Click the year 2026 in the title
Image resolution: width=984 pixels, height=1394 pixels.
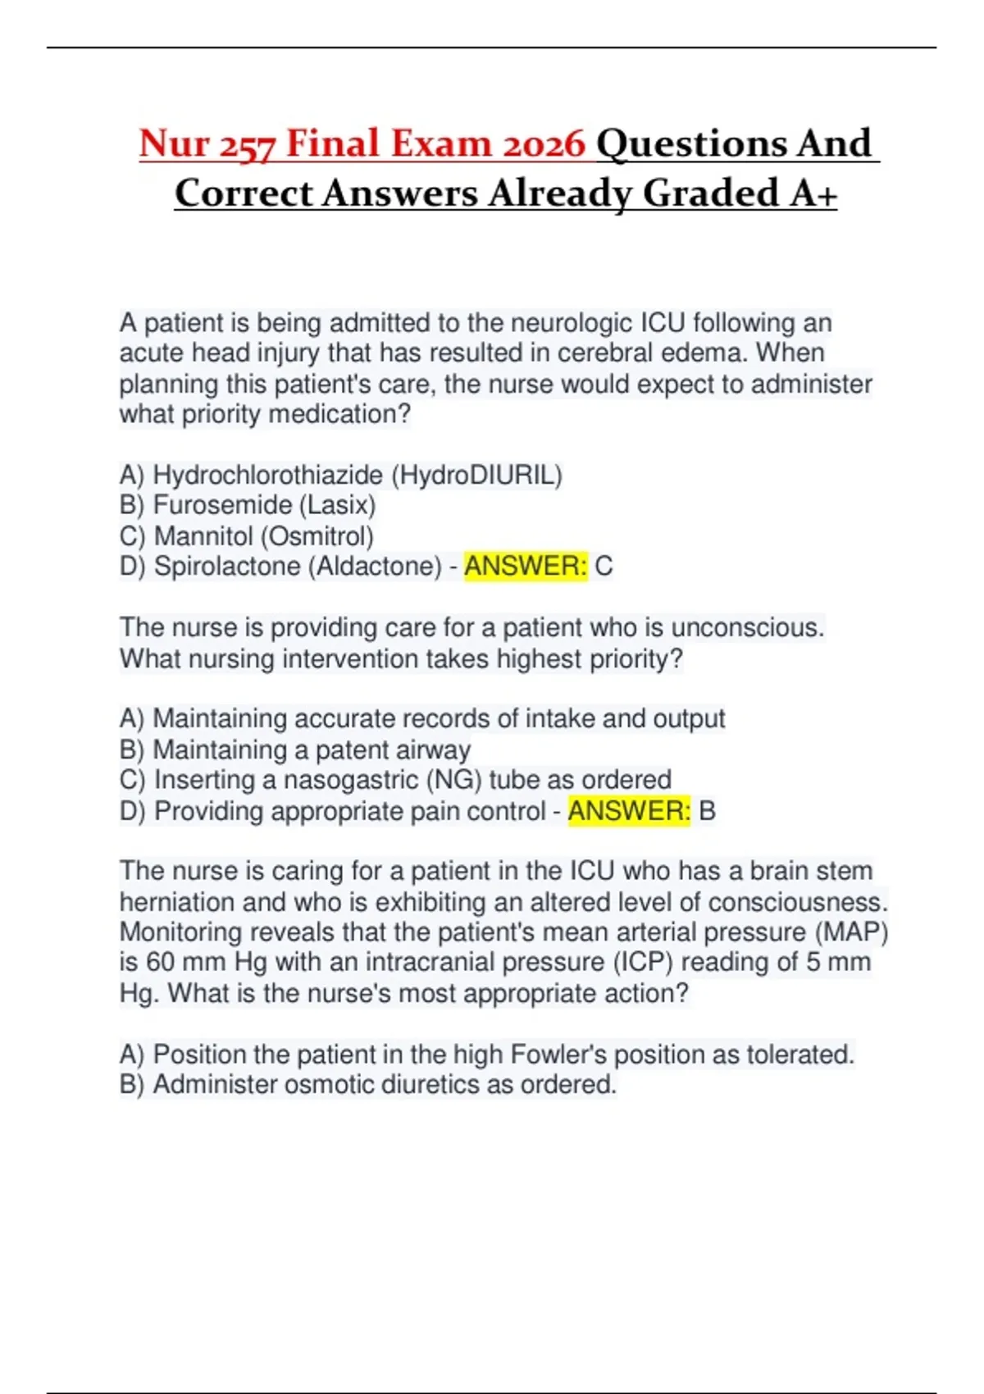544,144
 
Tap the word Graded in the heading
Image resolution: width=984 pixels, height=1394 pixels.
711,194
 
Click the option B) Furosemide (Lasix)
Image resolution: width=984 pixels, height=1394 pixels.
248,505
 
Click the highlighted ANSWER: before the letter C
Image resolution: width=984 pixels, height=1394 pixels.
526,567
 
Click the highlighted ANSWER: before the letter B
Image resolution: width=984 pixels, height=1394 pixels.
629,811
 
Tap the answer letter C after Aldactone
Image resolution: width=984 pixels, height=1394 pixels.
604,567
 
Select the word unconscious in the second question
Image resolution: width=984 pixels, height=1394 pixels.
747,628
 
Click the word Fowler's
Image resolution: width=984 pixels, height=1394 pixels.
558,1054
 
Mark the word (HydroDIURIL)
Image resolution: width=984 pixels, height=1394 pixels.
476,475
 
